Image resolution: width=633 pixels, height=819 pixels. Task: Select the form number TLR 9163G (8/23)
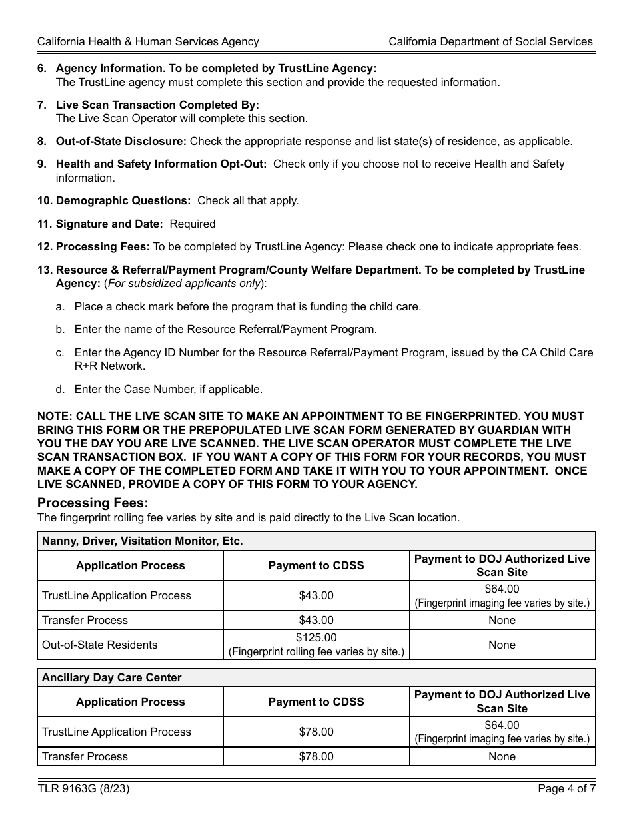(x=83, y=789)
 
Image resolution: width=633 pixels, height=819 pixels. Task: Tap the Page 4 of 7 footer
(x=566, y=789)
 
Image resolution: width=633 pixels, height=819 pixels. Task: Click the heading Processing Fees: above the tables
(x=93, y=503)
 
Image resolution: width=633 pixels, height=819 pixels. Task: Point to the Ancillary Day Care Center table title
(x=111, y=677)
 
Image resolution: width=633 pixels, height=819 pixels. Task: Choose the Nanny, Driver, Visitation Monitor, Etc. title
(x=142, y=541)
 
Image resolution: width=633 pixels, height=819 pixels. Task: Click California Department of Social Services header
(x=490, y=41)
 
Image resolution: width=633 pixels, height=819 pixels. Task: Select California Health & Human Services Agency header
(x=148, y=41)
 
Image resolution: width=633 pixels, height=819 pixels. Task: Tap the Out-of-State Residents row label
(x=99, y=645)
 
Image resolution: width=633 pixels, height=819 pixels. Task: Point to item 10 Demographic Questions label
(x=123, y=200)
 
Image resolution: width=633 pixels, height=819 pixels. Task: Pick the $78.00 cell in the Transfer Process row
(x=316, y=756)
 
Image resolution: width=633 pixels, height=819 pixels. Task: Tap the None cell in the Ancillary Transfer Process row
(x=502, y=756)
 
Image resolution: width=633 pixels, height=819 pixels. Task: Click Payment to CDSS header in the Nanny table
(x=316, y=565)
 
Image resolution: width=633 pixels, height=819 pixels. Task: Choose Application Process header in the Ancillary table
(x=130, y=702)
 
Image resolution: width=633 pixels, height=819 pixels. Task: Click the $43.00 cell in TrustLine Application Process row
(x=316, y=595)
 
